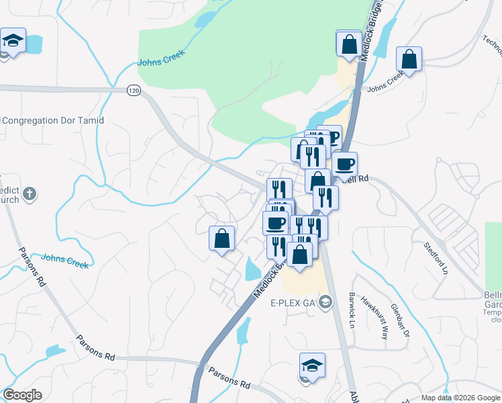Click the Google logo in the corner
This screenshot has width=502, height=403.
[x=22, y=395]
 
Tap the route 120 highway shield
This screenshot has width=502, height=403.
[x=134, y=90]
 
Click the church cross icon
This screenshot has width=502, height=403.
[x=29, y=195]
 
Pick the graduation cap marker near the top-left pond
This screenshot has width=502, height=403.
[x=13, y=42]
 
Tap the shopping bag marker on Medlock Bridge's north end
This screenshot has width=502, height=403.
[x=349, y=44]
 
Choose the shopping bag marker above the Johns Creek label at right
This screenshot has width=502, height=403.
[x=409, y=59]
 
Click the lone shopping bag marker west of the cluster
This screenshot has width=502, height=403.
[x=221, y=238]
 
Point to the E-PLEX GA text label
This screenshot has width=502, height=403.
[x=293, y=302]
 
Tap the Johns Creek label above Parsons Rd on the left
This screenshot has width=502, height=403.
[x=64, y=261]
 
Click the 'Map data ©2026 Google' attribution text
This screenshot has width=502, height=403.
[x=460, y=398]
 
